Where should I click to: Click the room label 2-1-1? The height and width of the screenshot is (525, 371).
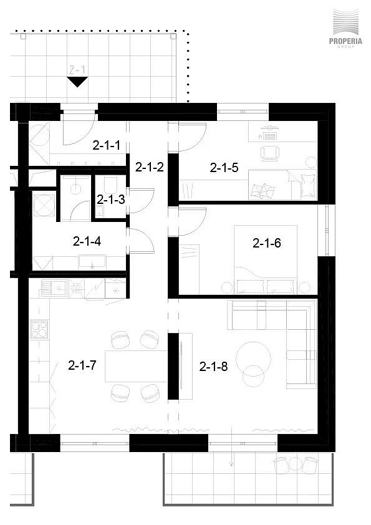coord(106,146)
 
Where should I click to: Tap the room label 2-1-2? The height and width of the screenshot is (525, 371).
coord(150,167)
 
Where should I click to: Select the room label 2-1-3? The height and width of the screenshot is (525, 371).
coord(111,200)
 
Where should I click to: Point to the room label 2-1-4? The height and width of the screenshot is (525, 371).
coord(87,241)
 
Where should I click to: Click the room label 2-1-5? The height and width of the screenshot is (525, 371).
coord(224,168)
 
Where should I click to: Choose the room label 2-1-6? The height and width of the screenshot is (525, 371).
coord(267,243)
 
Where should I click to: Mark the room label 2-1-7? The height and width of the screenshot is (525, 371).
coord(82,365)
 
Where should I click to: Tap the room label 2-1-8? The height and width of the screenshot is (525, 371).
coord(214,367)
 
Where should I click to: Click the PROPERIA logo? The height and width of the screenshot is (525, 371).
coord(345,29)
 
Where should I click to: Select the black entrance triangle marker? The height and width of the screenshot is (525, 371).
coord(77,81)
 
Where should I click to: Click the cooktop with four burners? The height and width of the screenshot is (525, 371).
coord(39,329)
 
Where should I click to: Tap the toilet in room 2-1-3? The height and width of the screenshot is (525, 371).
coord(110,185)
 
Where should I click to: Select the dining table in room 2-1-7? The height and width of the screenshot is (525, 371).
coord(136,366)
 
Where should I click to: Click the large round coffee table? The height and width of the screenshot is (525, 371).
coord(253,359)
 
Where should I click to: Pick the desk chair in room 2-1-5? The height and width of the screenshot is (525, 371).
coord(269,153)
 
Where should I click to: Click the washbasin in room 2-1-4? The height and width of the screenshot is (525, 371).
coord(92,262)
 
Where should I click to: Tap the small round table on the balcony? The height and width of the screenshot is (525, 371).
coord(296,464)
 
